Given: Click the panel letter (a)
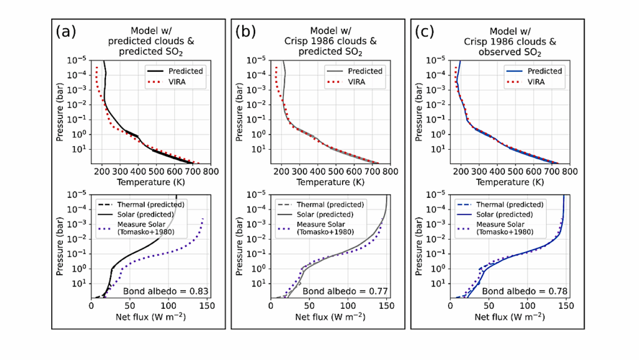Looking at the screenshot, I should click(x=66, y=32).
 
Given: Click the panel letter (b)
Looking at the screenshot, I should click(x=245, y=32).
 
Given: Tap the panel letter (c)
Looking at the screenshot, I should click(x=424, y=32).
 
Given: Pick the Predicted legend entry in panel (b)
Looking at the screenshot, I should click(x=365, y=71).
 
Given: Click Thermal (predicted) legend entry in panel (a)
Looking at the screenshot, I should click(x=139, y=205).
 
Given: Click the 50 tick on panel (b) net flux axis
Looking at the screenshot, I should click(x=310, y=306).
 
